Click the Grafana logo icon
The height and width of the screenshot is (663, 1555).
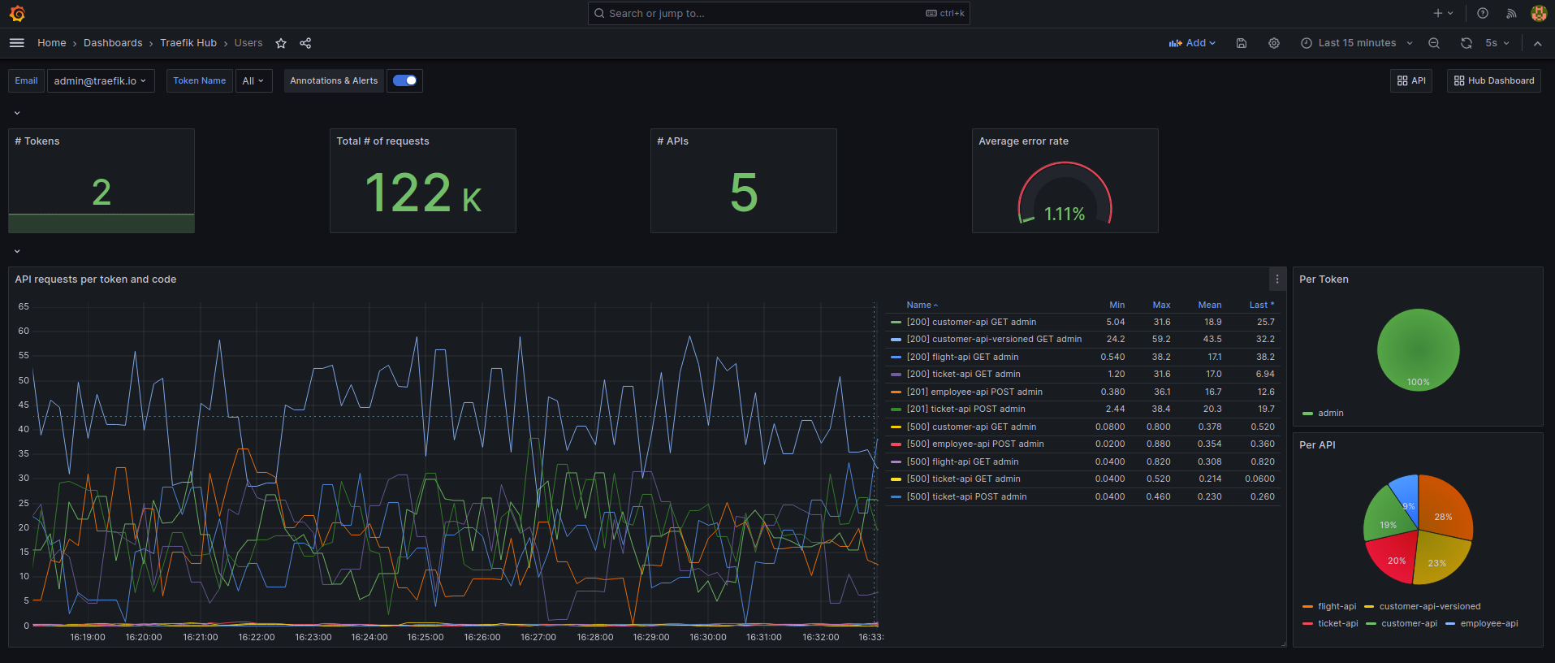17,14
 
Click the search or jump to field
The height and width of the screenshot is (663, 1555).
763,14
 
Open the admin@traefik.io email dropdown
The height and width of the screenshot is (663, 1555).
101,80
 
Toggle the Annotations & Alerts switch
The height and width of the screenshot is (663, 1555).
404,80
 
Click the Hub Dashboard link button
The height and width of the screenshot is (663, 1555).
1493,80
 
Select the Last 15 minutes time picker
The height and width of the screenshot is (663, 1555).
1357,43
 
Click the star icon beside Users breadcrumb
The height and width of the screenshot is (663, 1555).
281,43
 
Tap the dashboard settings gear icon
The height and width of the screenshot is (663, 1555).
1274,43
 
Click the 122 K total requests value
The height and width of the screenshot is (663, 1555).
423,193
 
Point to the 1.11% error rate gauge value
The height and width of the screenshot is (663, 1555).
1064,214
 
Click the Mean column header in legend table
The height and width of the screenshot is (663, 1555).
1209,305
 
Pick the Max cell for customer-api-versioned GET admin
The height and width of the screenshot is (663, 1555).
1161,340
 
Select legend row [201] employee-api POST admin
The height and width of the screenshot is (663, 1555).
974,392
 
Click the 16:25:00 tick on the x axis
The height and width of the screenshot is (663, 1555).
425,637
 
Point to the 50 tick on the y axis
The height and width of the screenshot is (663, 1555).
24,380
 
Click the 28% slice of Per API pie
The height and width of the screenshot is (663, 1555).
1444,512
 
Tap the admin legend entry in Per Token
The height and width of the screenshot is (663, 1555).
1330,413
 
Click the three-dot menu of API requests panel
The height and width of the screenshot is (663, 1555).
1277,279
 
